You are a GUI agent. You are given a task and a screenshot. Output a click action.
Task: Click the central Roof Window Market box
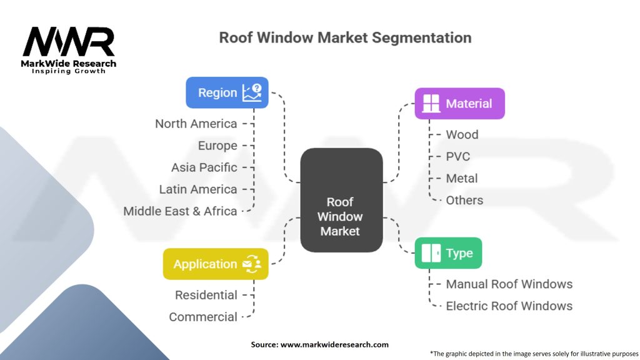pos(341,200)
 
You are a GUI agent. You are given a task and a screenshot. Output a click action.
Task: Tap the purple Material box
pos(459,104)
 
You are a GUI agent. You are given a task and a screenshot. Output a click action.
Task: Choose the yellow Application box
pos(216,264)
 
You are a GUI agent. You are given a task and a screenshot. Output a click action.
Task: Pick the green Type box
pos(448,253)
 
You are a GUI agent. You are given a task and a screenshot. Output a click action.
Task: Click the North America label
pos(196,124)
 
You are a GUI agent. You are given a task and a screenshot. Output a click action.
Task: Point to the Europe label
pos(217,146)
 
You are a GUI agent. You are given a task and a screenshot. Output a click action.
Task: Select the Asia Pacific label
pos(204,167)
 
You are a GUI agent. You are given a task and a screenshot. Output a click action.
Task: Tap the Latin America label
pos(198,189)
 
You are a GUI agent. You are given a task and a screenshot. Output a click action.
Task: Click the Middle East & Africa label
pos(180,211)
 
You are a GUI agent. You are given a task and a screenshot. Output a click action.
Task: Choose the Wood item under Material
pos(462,134)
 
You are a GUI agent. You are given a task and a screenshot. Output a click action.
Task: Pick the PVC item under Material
pos(458,156)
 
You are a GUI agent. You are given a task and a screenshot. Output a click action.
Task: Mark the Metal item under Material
pos(462,178)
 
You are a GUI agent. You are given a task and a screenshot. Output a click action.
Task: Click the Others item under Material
pos(464,200)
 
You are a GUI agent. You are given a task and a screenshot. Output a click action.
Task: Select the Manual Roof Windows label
pos(509,284)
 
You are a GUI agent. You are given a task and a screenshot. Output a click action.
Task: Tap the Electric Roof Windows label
pos(509,306)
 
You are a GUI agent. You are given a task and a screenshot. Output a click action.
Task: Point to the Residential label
pos(206,295)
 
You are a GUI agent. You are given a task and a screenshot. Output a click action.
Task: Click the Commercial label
pos(203,317)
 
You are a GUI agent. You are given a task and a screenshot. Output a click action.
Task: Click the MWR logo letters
pos(69,42)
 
